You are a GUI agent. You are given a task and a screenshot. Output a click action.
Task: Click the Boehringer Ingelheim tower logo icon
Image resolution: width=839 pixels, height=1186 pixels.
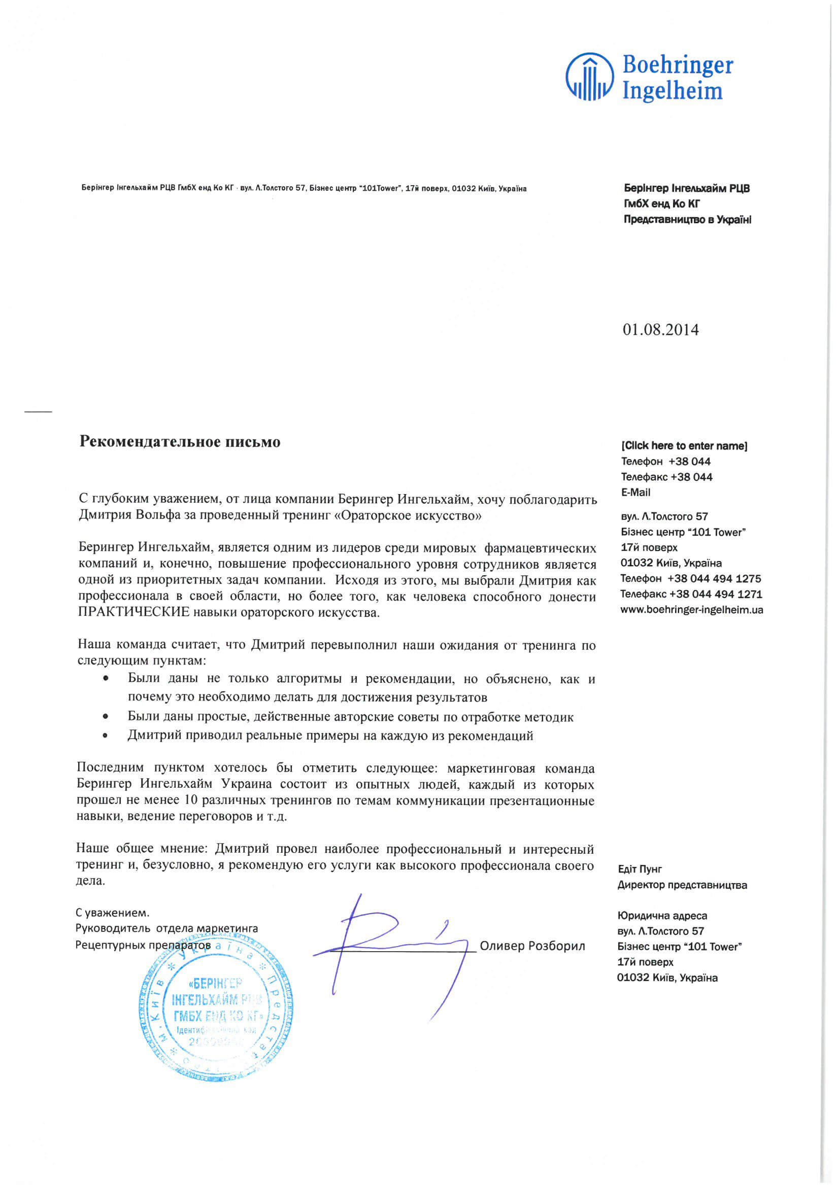pyautogui.click(x=589, y=77)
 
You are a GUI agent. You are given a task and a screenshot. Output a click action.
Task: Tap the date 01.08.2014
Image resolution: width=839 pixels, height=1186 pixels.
pyautogui.click(x=660, y=330)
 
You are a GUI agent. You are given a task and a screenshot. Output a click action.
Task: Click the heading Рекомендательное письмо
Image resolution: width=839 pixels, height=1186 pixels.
pyautogui.click(x=180, y=442)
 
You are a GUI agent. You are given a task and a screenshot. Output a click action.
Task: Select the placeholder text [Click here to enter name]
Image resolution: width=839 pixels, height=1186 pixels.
pyautogui.click(x=684, y=445)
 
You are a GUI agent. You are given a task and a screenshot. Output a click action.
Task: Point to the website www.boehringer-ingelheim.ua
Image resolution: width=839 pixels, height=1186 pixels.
pyautogui.click(x=691, y=610)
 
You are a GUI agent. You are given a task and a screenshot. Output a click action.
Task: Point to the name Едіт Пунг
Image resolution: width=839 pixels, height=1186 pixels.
pyautogui.click(x=640, y=869)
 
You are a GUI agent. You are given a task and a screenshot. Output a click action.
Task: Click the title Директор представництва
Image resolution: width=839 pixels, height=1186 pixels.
pyautogui.click(x=682, y=885)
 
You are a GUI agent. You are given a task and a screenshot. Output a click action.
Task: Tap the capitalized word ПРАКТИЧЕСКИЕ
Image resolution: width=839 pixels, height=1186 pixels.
pyautogui.click(x=134, y=613)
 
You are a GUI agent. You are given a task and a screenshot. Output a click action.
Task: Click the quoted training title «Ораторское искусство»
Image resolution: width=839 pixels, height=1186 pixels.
pyautogui.click(x=408, y=515)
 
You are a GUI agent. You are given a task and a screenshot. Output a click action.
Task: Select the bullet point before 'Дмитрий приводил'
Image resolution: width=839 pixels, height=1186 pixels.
pyautogui.click(x=106, y=736)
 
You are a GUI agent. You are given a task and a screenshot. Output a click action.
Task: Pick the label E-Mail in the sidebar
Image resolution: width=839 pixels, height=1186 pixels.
pyautogui.click(x=635, y=492)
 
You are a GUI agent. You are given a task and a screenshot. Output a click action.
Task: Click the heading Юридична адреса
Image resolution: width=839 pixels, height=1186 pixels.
pyautogui.click(x=662, y=916)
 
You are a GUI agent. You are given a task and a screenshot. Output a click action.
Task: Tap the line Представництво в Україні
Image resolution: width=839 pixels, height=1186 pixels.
pyautogui.click(x=687, y=220)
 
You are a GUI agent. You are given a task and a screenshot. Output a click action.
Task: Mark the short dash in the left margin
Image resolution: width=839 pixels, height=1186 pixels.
pyautogui.click(x=38, y=412)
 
